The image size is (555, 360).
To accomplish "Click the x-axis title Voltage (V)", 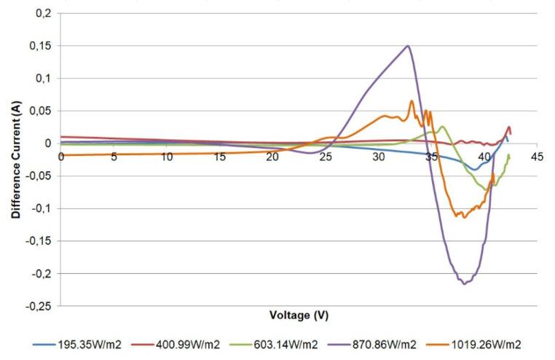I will (x=299, y=316).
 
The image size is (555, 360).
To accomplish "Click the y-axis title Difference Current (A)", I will (x=15, y=160).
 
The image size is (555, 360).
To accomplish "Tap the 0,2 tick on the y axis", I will (x=45, y=13).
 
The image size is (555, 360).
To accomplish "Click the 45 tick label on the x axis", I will (x=538, y=157).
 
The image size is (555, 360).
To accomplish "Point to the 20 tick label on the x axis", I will (x=272, y=157).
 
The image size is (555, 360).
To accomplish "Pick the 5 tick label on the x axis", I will (x=114, y=157).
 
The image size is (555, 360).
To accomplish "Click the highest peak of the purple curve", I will (x=408, y=46).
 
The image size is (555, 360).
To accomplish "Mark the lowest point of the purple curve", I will (x=464, y=283).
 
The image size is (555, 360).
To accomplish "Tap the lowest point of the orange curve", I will (x=464, y=217).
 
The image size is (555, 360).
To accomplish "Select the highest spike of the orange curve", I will (x=412, y=101).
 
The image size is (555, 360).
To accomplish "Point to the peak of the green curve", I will (x=442, y=127).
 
